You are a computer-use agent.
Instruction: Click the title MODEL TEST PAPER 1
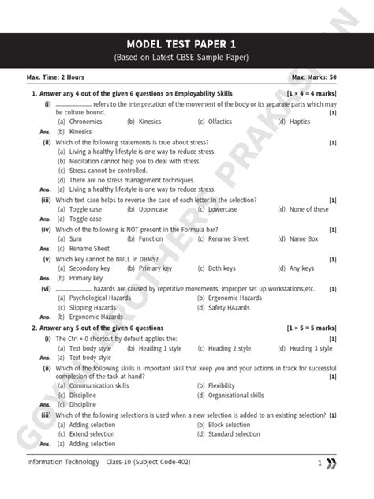tap(186, 43)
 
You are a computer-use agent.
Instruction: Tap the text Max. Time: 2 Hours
tap(55, 77)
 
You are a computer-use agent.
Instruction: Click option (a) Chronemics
tap(80, 122)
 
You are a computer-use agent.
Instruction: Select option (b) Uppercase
tap(147, 209)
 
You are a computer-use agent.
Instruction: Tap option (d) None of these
tap(304, 209)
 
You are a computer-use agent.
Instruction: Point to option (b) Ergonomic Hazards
tap(229, 298)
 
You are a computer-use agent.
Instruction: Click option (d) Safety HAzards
tap(224, 307)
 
